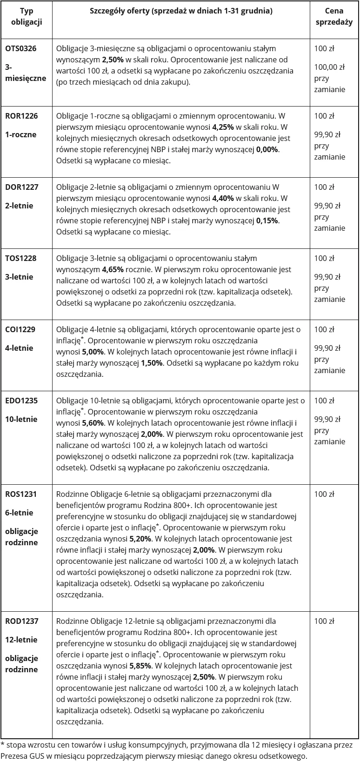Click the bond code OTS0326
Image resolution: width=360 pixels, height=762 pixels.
pos(21,48)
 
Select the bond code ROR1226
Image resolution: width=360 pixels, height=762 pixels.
pos(21,116)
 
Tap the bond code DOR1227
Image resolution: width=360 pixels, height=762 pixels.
pos(22,187)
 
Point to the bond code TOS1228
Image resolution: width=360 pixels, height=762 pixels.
pos(21,258)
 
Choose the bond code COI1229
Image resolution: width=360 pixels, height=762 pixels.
pos(20,329)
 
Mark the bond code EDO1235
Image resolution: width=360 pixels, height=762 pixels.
pos(21,401)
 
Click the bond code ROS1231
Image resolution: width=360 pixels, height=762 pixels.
pos(21,494)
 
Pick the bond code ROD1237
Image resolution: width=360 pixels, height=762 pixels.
pos(22,621)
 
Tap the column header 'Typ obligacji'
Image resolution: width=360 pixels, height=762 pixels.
pos(26,17)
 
